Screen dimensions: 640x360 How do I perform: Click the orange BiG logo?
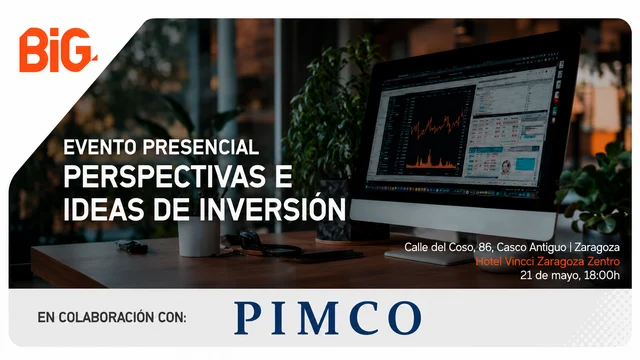[58, 50]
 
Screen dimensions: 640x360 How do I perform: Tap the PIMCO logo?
[328, 318]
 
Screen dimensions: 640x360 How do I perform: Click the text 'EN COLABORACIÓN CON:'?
[112, 317]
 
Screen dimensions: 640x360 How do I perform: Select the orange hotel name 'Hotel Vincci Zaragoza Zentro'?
[548, 261]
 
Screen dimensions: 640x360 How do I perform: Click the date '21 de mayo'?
[549, 276]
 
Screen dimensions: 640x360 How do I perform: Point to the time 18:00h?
[602, 275]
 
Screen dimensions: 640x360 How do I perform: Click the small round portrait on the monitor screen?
[507, 166]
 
